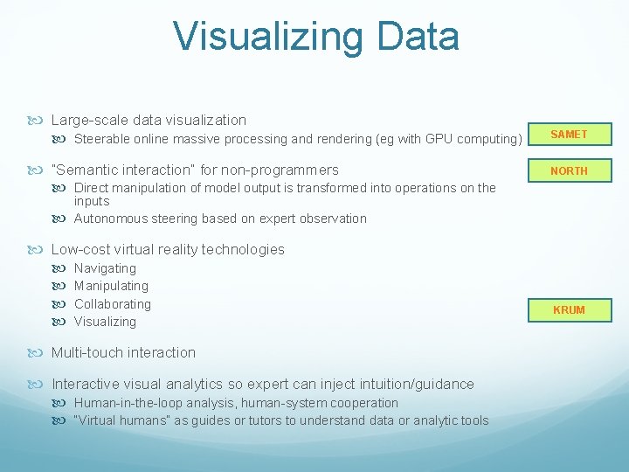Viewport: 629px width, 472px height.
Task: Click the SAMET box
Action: (x=569, y=135)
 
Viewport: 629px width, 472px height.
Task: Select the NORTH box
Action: (x=569, y=171)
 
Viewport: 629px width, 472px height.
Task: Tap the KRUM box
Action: (x=569, y=310)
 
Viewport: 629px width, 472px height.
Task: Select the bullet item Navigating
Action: (x=105, y=268)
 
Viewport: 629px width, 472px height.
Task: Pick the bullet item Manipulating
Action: (x=111, y=286)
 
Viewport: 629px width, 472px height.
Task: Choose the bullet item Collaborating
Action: (x=113, y=304)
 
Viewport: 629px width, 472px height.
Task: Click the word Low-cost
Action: (x=81, y=249)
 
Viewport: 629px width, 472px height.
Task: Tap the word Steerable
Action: (x=101, y=139)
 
